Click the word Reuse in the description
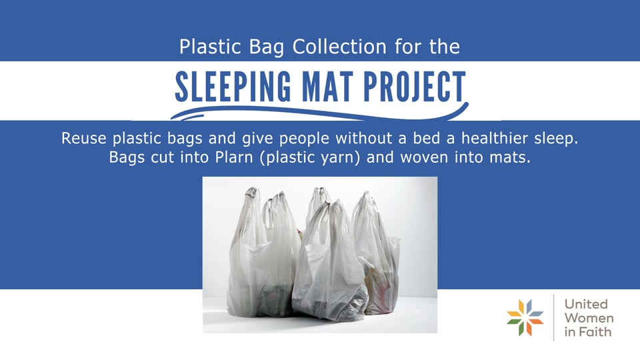(82, 139)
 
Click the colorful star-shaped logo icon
(525, 317)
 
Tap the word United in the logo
(586, 304)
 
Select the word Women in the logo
(589, 318)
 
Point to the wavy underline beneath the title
(320, 111)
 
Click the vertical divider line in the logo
(554, 317)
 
